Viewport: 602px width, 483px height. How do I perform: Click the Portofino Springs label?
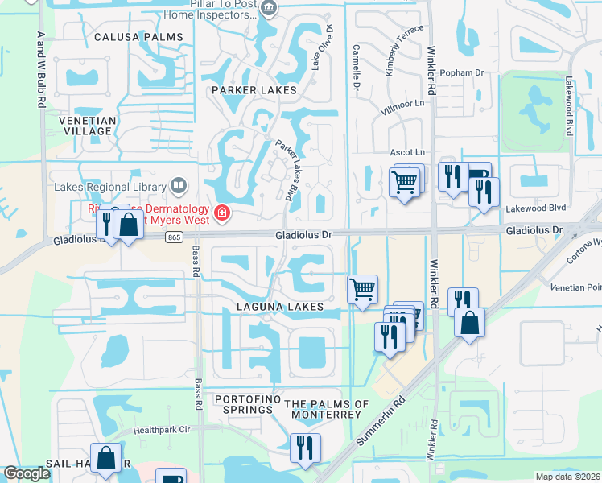244,404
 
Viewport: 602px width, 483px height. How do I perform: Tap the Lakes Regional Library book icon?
178,187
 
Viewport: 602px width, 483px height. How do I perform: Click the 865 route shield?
175,237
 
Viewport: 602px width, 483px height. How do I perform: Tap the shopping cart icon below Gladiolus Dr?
363,287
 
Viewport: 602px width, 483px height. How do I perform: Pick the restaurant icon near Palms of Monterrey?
305,447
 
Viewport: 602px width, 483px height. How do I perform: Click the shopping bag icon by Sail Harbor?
105,457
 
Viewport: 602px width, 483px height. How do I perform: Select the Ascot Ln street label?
406,152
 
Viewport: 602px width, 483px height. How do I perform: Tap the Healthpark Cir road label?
165,430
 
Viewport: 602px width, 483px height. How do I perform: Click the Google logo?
27,473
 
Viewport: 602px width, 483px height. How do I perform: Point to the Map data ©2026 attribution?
567,477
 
